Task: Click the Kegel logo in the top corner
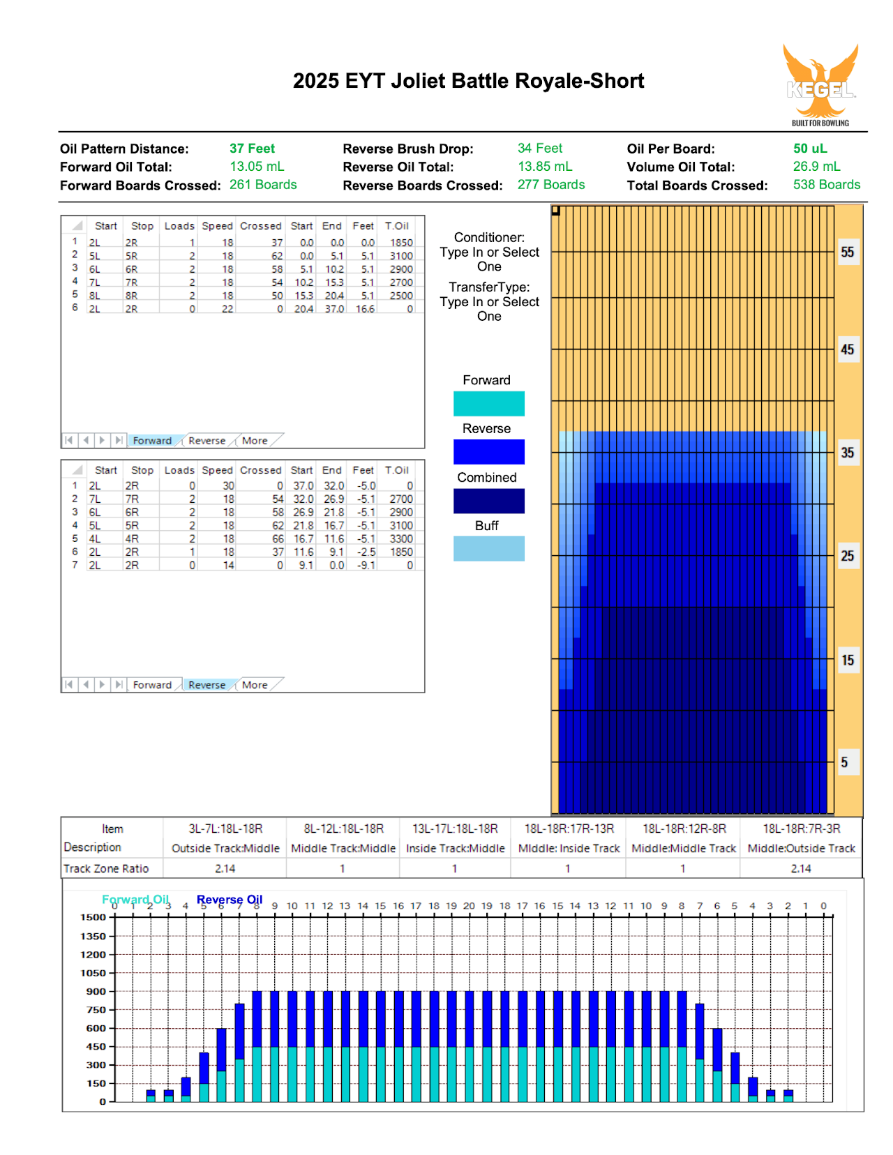pyautogui.click(x=820, y=85)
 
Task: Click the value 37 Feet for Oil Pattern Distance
pyautogui.click(x=252, y=149)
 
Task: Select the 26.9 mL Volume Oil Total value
pyautogui.click(x=816, y=167)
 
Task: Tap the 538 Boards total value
pyautogui.click(x=827, y=184)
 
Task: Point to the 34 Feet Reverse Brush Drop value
pyautogui.click(x=539, y=149)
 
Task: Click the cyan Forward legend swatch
pyautogui.click(x=488, y=403)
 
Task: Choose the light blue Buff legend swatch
pyautogui.click(x=488, y=548)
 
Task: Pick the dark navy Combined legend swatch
pyautogui.click(x=488, y=501)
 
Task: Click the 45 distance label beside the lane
pyautogui.click(x=847, y=349)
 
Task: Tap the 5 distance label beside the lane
pyautogui.click(x=844, y=762)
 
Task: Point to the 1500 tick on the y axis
pyautogui.click(x=93, y=917)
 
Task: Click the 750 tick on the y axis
pyautogui.click(x=96, y=1009)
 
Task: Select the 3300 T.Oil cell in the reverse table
pyautogui.click(x=401, y=538)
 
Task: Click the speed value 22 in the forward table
pyautogui.click(x=227, y=309)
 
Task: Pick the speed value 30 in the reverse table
pyautogui.click(x=228, y=486)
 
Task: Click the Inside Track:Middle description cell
pyautogui.click(x=455, y=848)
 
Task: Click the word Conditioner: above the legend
pyautogui.click(x=489, y=237)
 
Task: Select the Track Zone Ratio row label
pyautogui.click(x=106, y=868)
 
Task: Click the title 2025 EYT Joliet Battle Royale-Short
pyautogui.click(x=468, y=81)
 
